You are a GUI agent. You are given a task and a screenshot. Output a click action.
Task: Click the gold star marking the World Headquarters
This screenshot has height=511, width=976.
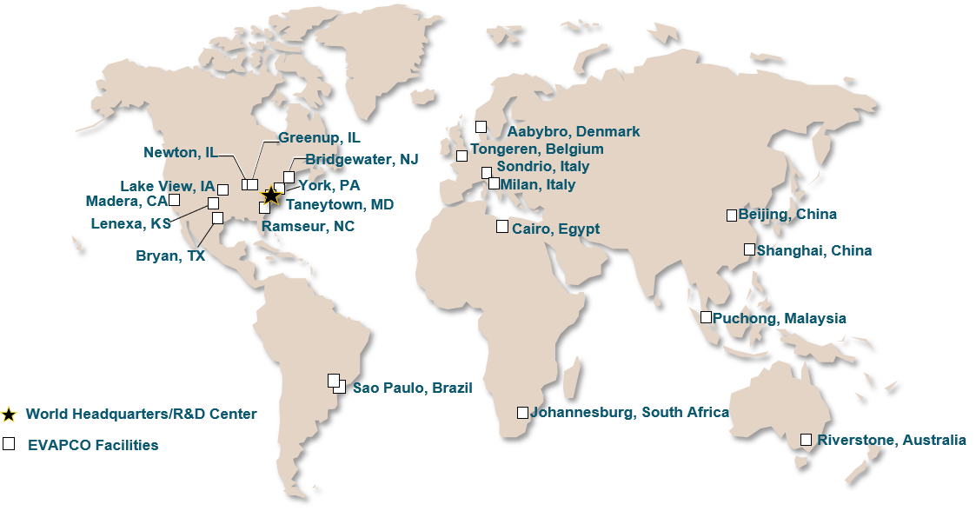[x=271, y=196]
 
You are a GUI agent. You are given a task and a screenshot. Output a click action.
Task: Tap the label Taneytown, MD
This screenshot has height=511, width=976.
[x=340, y=204]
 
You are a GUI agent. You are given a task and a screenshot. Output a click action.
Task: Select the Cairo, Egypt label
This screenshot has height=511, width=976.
[x=555, y=229]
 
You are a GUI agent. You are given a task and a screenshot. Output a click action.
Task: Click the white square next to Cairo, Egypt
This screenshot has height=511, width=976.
[x=502, y=227]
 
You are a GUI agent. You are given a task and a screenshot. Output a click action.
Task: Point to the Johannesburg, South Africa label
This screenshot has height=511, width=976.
[x=629, y=413]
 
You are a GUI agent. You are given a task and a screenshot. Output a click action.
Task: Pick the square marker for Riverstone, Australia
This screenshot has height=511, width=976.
[x=807, y=439]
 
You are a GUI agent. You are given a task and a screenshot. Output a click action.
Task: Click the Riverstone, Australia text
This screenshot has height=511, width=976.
[x=891, y=440]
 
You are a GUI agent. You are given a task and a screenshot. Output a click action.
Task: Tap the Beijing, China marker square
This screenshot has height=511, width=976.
[x=732, y=215]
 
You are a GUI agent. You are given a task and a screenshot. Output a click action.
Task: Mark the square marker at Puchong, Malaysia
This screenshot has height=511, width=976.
[x=707, y=317]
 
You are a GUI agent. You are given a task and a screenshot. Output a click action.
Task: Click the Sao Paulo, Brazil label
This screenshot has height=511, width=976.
[x=412, y=388]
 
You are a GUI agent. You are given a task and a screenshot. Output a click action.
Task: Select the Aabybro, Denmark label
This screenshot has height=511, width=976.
[x=574, y=132]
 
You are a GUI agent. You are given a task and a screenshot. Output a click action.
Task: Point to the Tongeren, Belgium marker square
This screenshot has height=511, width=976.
[x=461, y=156]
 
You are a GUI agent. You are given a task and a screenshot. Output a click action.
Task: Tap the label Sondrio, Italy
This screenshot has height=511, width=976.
[x=542, y=167]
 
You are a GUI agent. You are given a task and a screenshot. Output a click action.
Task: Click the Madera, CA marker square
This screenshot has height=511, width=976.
[x=175, y=200]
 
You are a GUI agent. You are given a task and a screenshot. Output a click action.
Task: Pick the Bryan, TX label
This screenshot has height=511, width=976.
[x=170, y=255]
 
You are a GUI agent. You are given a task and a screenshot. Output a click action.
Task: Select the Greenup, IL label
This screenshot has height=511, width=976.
[x=319, y=137]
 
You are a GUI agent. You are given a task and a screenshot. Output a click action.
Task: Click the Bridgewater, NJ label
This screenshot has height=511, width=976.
[x=362, y=160]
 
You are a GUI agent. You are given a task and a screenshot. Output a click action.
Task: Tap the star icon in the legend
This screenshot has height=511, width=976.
[x=10, y=415]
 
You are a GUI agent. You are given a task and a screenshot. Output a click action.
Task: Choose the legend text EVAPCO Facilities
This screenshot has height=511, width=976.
[x=93, y=445]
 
